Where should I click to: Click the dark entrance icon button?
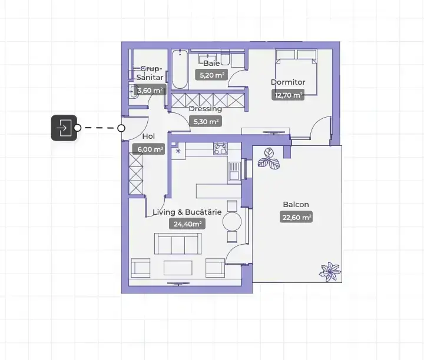point(64,128)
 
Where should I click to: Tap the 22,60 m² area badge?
point(296,217)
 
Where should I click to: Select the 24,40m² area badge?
point(187,224)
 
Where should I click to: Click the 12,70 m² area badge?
point(288,95)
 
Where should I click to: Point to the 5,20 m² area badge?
point(211,75)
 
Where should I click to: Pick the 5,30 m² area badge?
point(206,121)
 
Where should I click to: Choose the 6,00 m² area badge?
point(148,149)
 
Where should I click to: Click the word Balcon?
point(296,205)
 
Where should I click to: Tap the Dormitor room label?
point(288,82)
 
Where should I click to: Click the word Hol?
point(148,136)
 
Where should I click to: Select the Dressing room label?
point(206,109)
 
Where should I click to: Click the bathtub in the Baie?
point(180,69)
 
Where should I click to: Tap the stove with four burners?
point(221,149)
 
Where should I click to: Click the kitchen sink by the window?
point(234,171)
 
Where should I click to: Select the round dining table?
point(232,221)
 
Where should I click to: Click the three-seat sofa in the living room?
point(178,244)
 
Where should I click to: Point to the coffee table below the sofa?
point(178,268)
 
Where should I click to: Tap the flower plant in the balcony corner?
point(330,272)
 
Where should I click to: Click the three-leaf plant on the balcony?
point(269,158)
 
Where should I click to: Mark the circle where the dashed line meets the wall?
point(121,128)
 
